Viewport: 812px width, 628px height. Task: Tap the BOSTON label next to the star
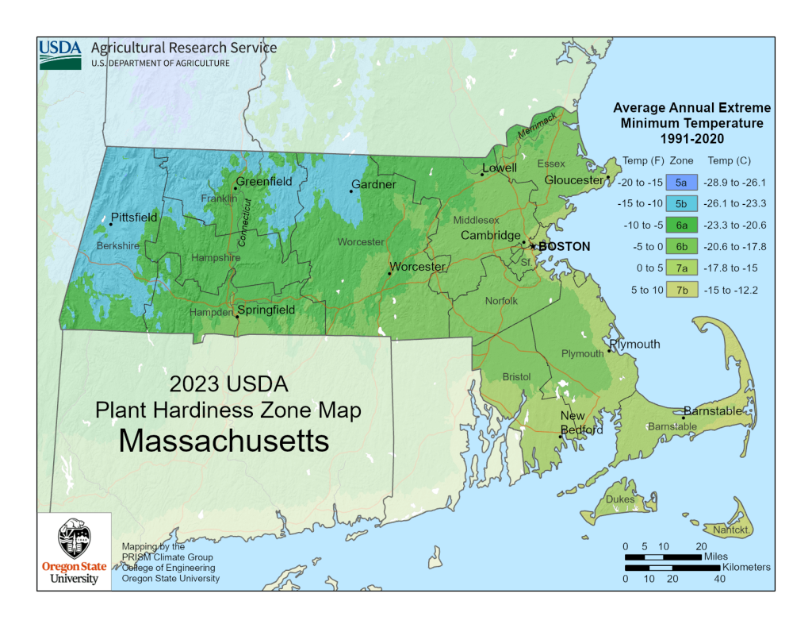(x=564, y=247)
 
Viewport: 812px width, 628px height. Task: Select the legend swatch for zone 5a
(x=681, y=183)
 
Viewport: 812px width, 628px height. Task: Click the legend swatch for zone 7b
(x=681, y=290)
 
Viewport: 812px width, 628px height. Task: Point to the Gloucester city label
(x=574, y=180)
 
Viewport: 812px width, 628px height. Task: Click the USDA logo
(x=60, y=53)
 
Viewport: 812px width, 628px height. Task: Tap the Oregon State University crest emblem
(x=75, y=541)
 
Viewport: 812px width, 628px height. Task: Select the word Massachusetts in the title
(x=224, y=441)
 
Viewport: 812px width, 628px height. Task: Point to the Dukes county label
(x=620, y=499)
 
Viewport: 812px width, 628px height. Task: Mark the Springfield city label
(x=266, y=310)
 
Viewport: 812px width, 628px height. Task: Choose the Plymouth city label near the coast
(x=636, y=344)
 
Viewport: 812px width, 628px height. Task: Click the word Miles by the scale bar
(x=715, y=557)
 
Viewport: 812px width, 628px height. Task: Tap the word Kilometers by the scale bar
(x=745, y=568)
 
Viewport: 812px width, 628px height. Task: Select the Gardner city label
(x=373, y=185)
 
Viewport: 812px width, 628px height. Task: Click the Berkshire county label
(x=117, y=246)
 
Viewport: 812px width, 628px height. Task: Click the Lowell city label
(x=500, y=168)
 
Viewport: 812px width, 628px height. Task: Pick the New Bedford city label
(x=581, y=423)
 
